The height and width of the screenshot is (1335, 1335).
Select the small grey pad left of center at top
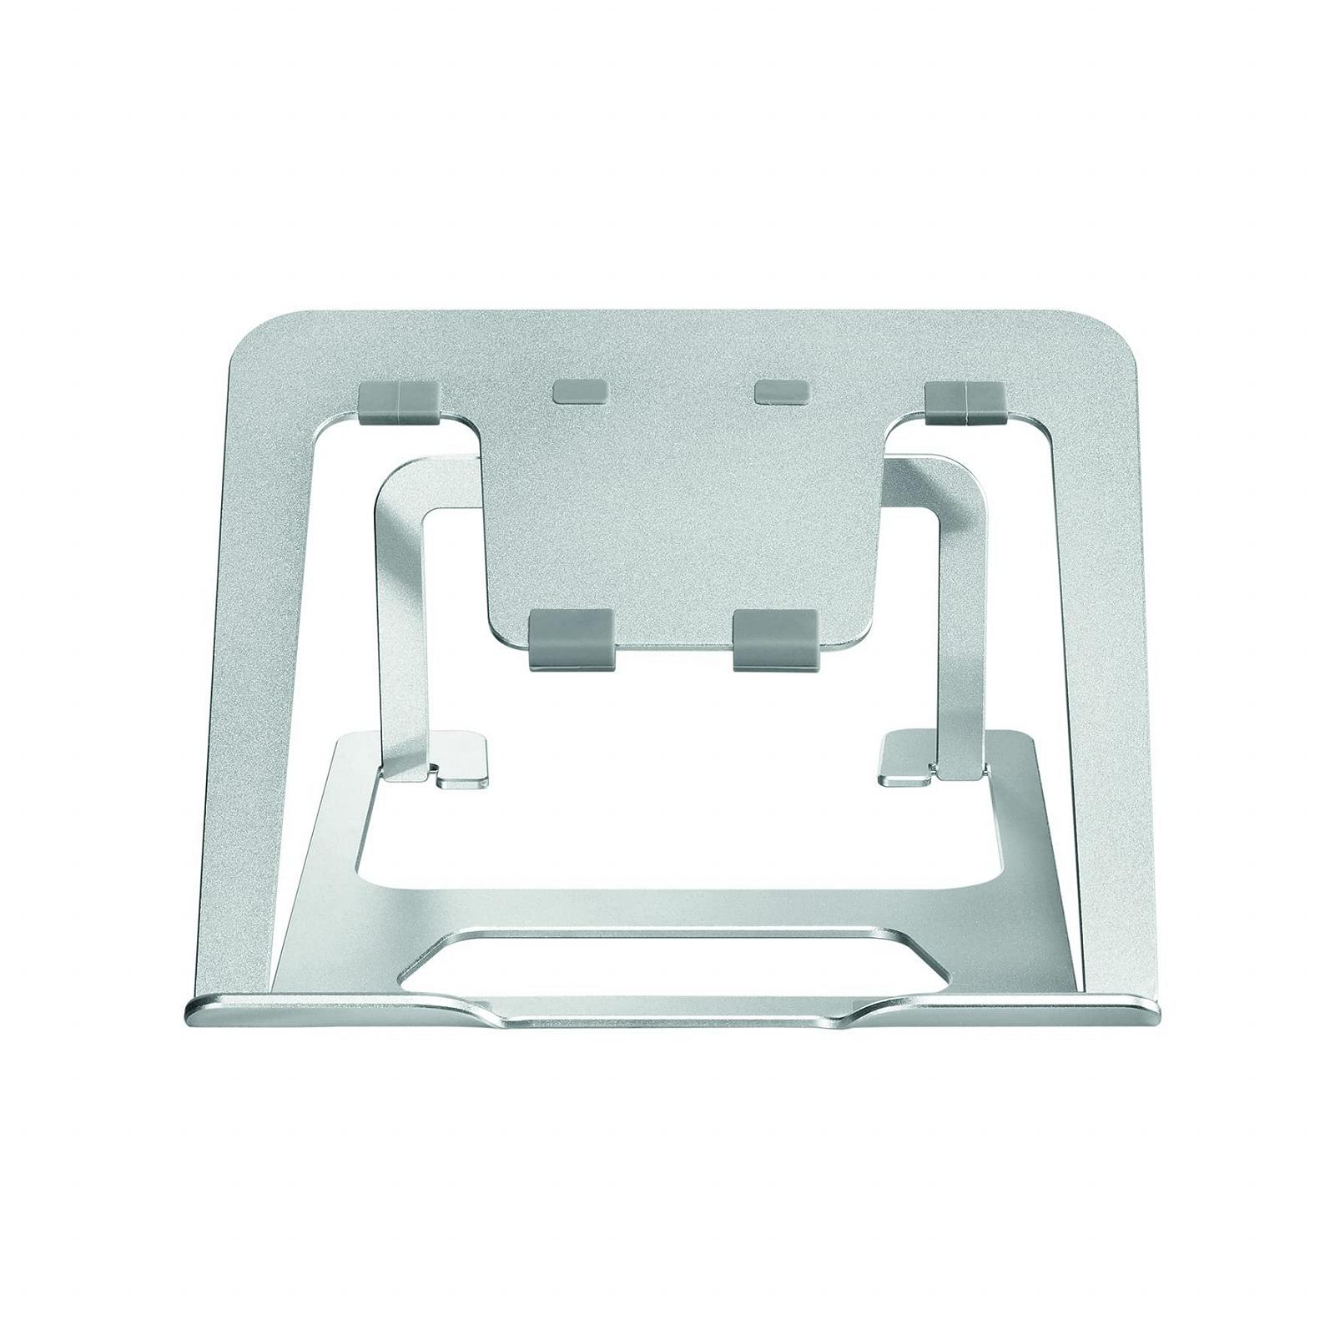pos(582,392)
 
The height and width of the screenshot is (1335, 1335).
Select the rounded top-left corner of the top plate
pos(250,334)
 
